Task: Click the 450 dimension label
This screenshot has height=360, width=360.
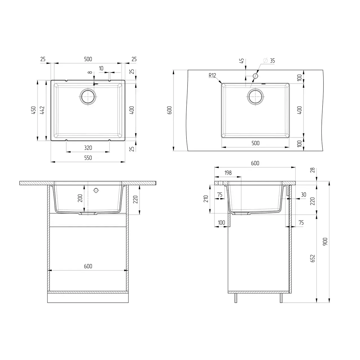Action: [x=33, y=110]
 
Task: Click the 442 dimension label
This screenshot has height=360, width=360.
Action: [x=42, y=110]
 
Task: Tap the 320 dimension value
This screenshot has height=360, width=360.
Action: [x=88, y=148]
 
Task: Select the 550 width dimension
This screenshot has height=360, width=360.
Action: [x=88, y=158]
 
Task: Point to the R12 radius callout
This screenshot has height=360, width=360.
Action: [x=212, y=75]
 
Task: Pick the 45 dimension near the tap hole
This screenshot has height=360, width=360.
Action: [x=242, y=61]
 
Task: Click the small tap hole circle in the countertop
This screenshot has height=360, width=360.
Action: [x=255, y=76]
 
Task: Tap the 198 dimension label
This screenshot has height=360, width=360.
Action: [x=228, y=173]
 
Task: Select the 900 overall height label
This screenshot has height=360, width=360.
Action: [x=325, y=242]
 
